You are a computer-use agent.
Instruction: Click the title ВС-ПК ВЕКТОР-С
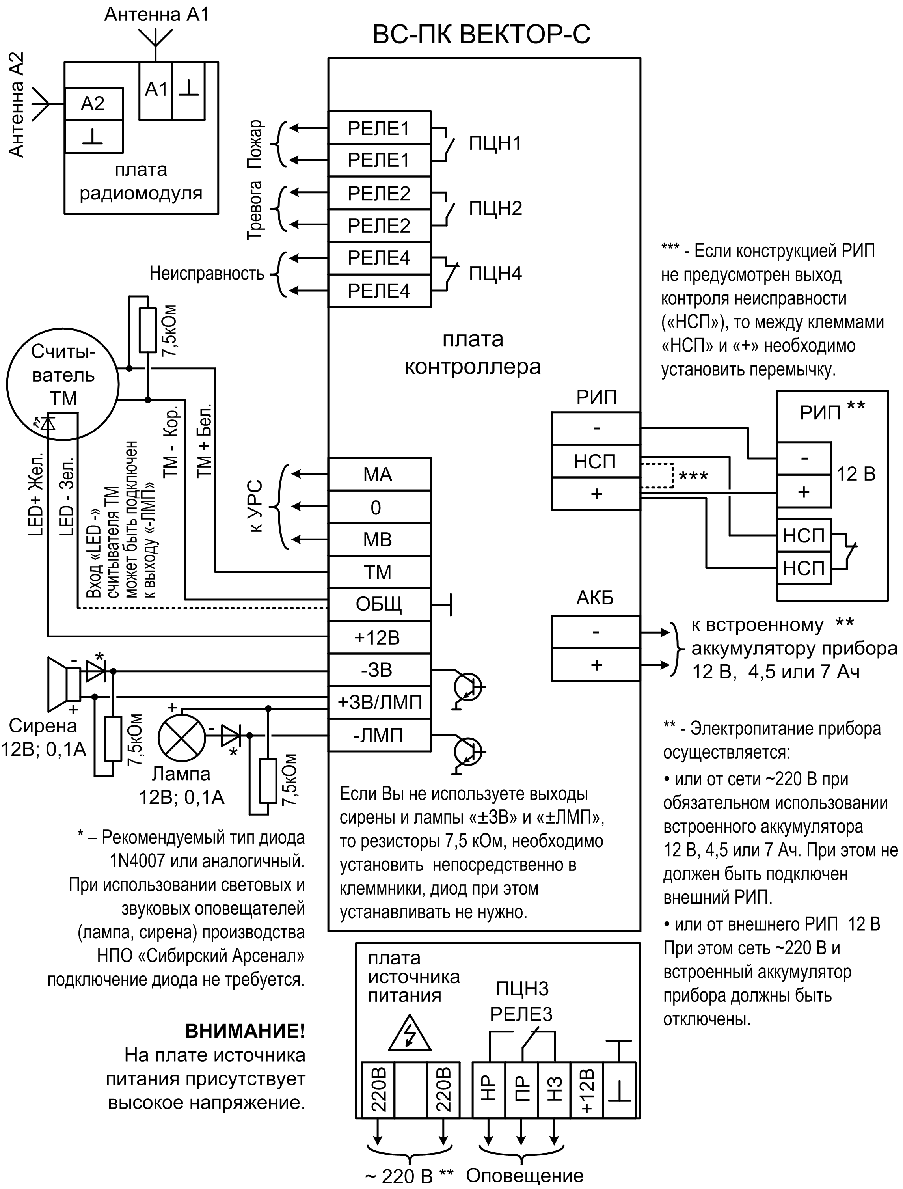click(482, 34)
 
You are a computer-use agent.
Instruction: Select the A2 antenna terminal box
click(93, 104)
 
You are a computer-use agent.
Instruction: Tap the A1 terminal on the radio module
click(156, 89)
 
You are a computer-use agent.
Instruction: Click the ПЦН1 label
click(495, 143)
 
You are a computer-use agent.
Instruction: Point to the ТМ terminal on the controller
click(379, 572)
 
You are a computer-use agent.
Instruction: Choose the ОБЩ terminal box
click(379, 605)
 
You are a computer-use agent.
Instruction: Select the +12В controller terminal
click(379, 637)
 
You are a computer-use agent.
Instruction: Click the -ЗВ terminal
click(379, 670)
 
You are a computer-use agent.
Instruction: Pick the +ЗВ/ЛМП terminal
click(379, 702)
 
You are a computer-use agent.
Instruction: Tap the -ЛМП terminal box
click(379, 735)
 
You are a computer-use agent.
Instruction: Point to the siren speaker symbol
click(63, 683)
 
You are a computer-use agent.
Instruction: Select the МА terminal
click(379, 475)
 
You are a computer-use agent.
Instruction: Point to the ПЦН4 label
click(495, 274)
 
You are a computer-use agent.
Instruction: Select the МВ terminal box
click(379, 540)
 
